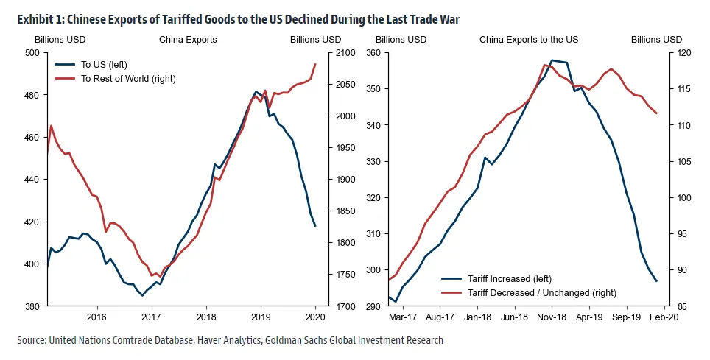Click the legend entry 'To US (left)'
(x=104, y=65)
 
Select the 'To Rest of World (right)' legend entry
(x=128, y=78)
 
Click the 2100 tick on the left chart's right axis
(x=328, y=53)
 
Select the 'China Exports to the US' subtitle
(x=526, y=39)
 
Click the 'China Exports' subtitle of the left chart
(x=188, y=39)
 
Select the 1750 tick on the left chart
(x=328, y=275)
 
